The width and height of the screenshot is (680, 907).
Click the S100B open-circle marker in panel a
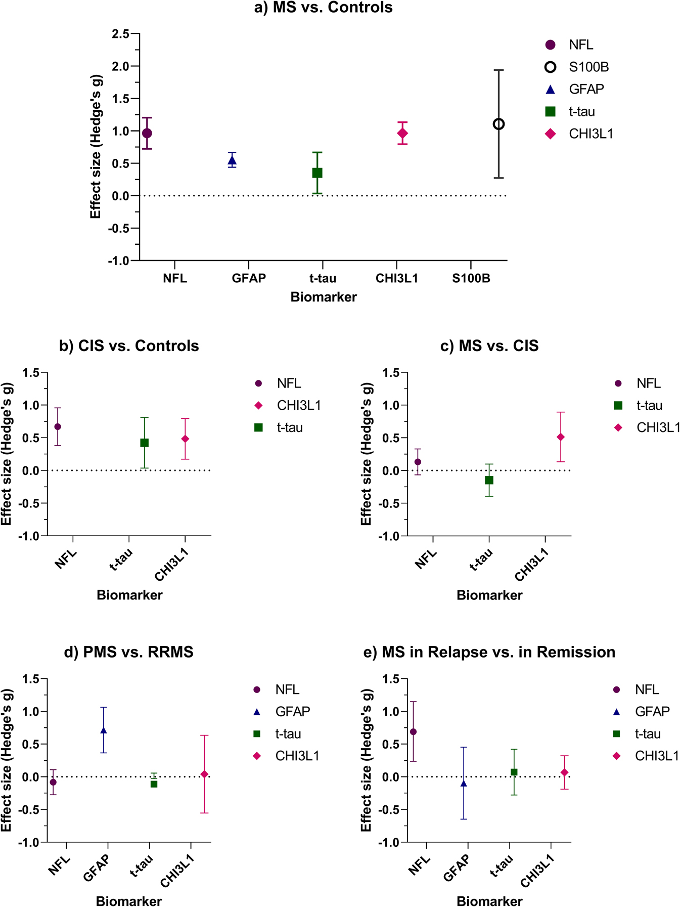coord(498,124)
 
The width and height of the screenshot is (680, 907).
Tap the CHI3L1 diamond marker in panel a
coord(402,134)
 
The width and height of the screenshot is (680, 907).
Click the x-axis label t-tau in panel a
coord(323,278)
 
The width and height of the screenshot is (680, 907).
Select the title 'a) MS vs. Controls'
coord(323,8)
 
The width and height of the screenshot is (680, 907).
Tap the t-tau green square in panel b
coord(144,443)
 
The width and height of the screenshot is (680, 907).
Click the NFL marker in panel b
coord(58,426)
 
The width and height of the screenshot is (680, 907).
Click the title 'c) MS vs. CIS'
coord(489,346)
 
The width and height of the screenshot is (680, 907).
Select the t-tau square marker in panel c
coord(489,480)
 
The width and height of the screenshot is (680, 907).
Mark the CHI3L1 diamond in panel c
coord(560,437)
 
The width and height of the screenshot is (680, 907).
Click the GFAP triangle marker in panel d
coord(104,730)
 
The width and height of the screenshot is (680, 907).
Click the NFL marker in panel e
coord(413,732)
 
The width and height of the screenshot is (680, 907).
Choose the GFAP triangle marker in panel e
coord(464,784)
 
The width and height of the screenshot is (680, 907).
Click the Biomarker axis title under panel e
coord(489,901)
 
